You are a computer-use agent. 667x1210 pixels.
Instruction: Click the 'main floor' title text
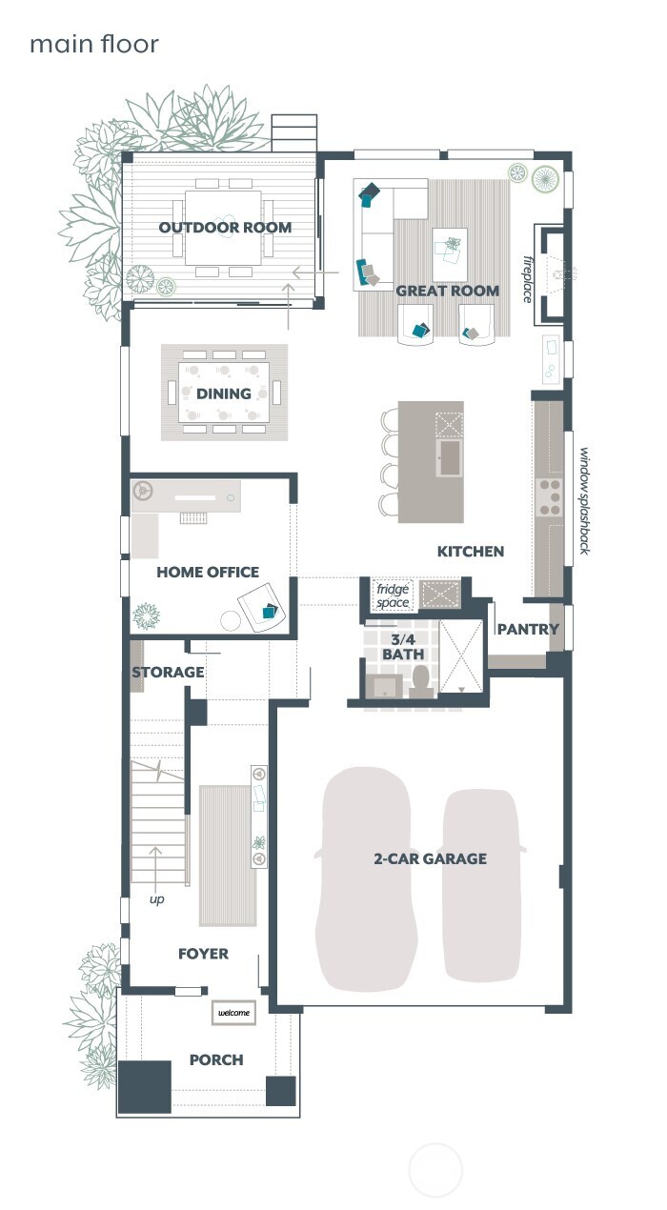coord(93,44)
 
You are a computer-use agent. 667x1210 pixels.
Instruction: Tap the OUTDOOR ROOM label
coord(225,228)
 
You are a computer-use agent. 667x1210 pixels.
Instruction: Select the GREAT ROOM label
coord(447,291)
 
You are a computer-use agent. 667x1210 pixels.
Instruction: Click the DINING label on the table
coord(224,393)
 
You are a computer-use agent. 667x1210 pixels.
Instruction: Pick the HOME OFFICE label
coord(208,573)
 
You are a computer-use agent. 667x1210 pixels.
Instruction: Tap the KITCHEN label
coord(471,552)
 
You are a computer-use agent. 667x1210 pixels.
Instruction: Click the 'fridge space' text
coord(392,595)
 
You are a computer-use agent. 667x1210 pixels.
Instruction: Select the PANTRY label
coord(528,630)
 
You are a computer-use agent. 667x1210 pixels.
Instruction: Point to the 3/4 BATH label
coord(403,646)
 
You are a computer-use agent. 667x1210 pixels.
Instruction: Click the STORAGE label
coord(168,673)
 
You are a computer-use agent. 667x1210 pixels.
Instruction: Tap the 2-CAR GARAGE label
coord(430,858)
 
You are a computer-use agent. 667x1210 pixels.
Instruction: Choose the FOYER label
coord(203,954)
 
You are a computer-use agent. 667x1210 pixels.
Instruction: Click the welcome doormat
coord(234,1013)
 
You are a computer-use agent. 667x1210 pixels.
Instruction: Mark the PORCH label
coord(216,1059)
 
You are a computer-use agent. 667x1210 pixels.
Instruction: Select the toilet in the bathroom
coord(421,683)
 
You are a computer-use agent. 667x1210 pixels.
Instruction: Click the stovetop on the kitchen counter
coord(551,496)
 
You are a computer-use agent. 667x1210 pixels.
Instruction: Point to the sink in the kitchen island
coord(450,458)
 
